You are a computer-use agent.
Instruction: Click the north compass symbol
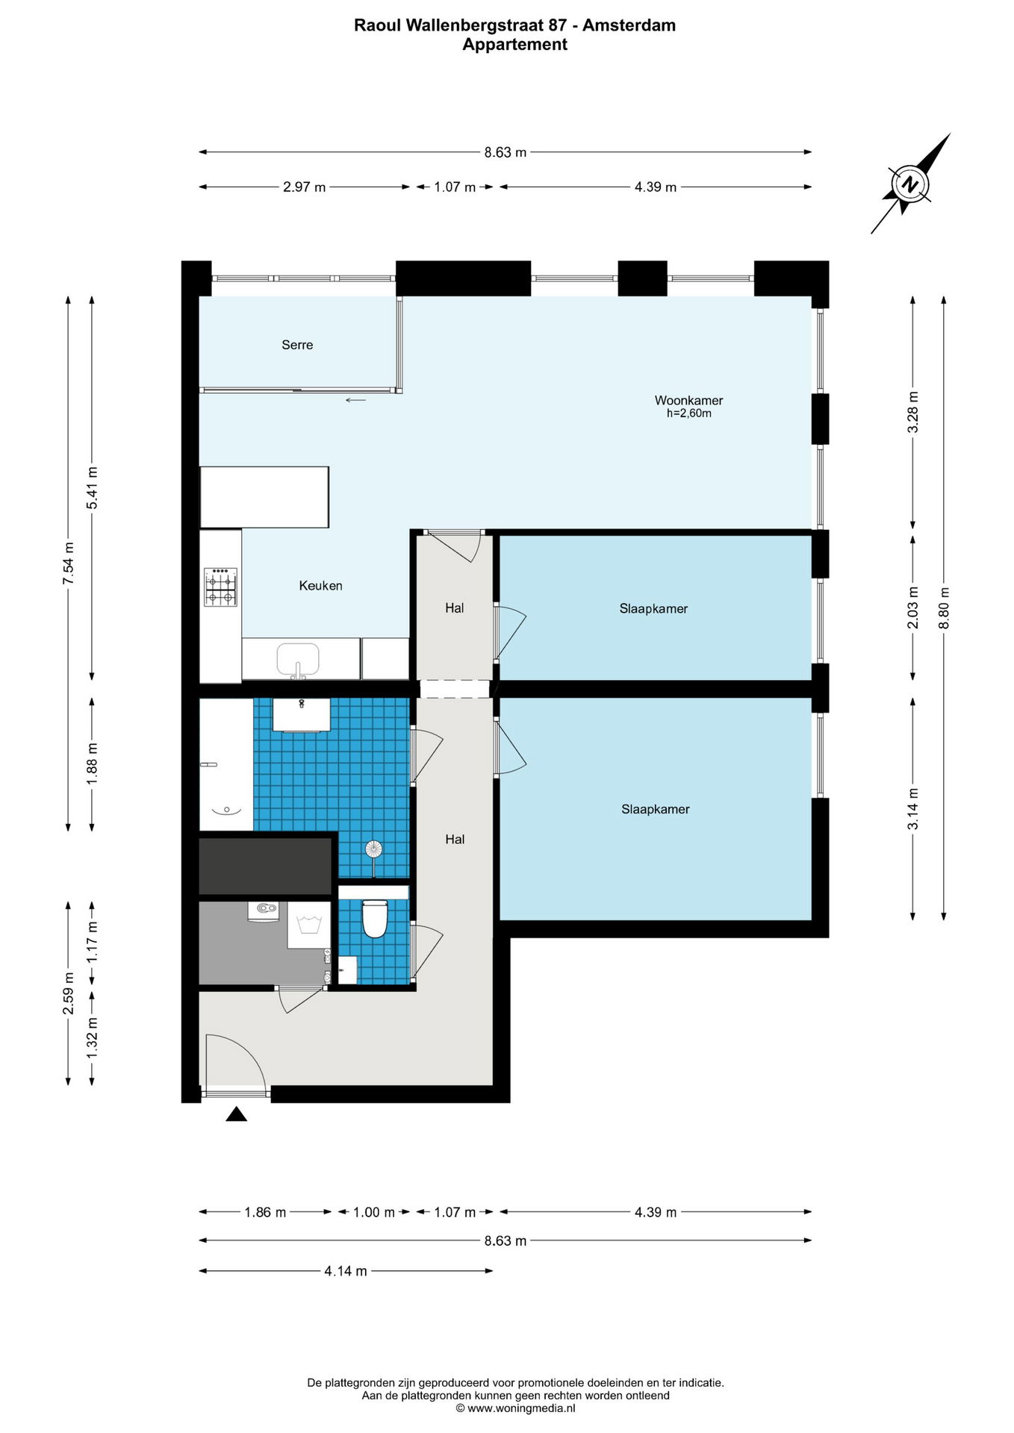(x=909, y=184)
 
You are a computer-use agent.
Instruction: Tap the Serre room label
(x=297, y=345)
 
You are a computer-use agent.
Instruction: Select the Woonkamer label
(x=688, y=400)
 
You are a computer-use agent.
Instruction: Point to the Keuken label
(x=320, y=586)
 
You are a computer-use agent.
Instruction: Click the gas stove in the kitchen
(x=220, y=587)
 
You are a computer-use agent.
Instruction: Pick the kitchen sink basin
(x=298, y=659)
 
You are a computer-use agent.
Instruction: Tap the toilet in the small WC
(x=374, y=918)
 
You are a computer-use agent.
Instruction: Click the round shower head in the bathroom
(x=373, y=849)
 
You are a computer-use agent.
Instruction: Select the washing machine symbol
(x=309, y=925)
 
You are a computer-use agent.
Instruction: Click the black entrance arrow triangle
(x=236, y=1114)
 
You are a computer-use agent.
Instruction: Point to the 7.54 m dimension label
(x=68, y=561)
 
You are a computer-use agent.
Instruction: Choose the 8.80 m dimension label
(x=944, y=606)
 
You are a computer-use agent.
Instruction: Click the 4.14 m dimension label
(x=346, y=1271)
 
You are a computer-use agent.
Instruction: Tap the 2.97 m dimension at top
(x=304, y=187)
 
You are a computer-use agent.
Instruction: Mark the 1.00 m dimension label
(x=374, y=1212)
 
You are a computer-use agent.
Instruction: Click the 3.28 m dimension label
(x=912, y=412)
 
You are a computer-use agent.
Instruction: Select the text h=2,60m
(x=688, y=413)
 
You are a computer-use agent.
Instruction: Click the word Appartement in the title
(x=514, y=45)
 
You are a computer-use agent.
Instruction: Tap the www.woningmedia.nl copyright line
(x=515, y=1408)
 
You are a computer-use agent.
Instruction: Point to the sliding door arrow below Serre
(x=355, y=400)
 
